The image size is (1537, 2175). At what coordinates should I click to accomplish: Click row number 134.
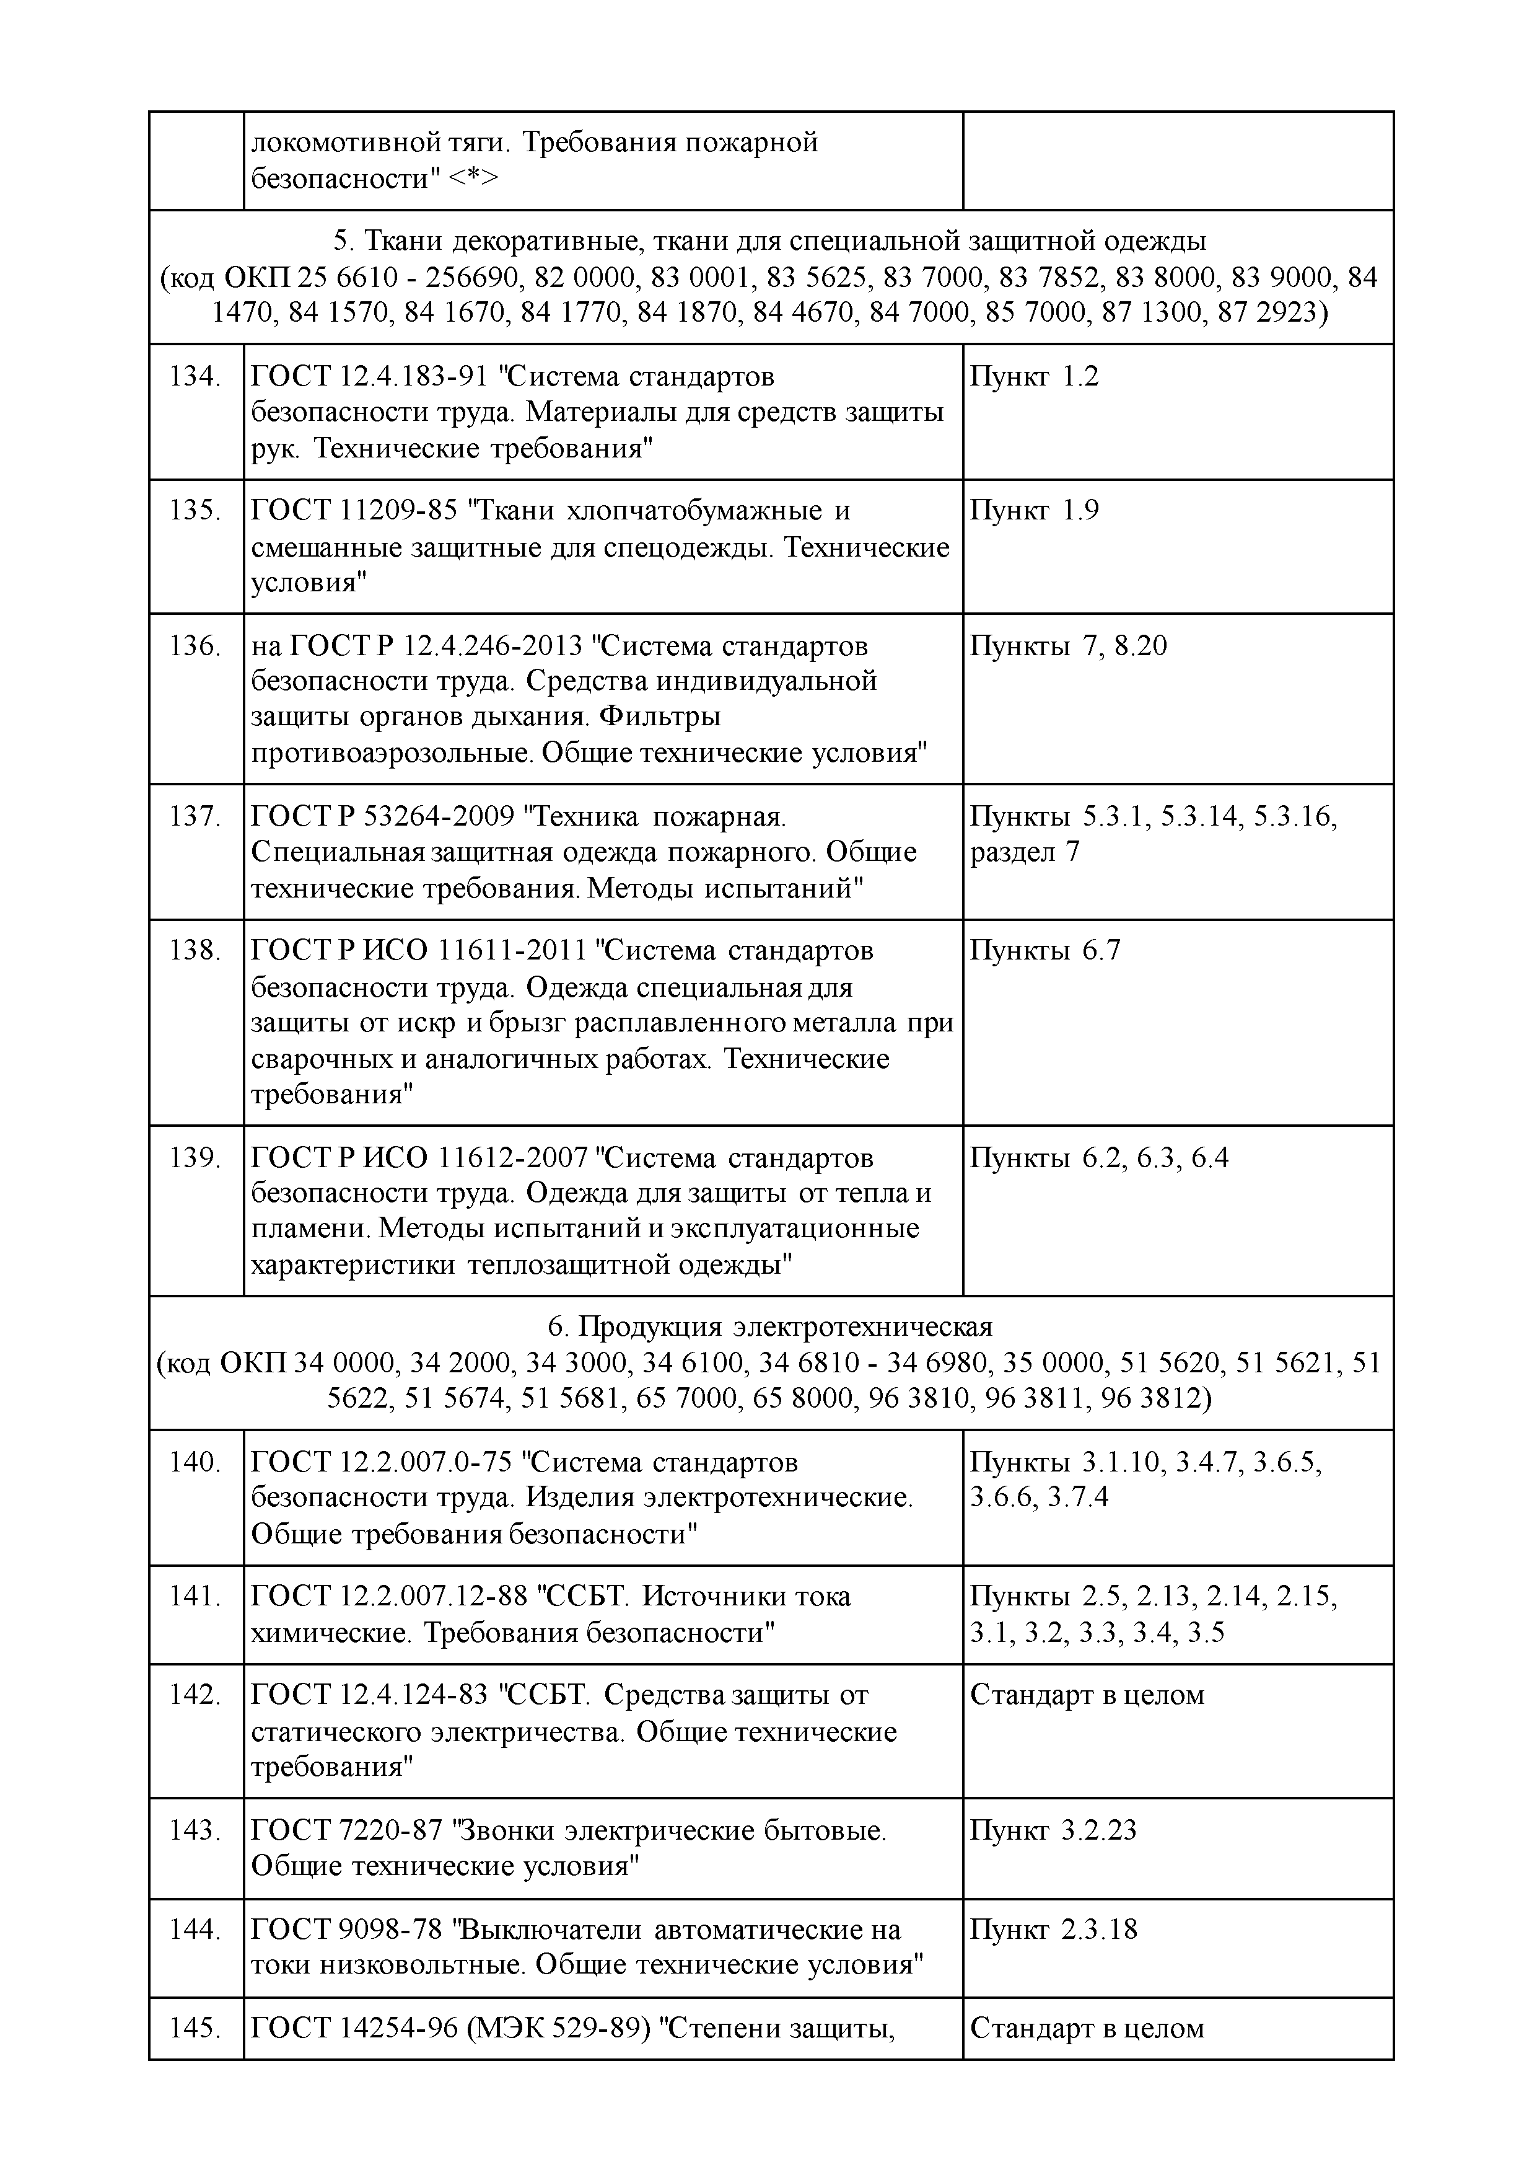[x=195, y=377]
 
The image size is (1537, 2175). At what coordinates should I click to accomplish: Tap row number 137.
[x=195, y=816]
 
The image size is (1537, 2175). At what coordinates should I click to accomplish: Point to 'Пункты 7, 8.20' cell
[x=1068, y=647]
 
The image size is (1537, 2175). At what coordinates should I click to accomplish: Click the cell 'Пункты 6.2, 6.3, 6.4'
[x=1098, y=1158]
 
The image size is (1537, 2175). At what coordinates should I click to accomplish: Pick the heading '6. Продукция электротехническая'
[x=770, y=1326]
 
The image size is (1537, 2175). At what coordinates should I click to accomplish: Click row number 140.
[x=195, y=1463]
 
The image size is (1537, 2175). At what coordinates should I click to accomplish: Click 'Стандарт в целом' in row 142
[x=1087, y=1696]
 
